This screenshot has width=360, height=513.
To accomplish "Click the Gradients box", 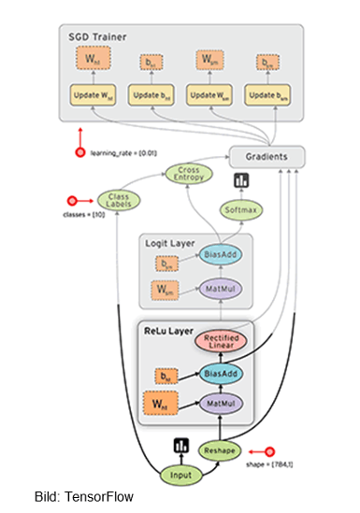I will pyautogui.click(x=266, y=157).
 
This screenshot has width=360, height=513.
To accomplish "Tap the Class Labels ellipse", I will pyautogui.click(x=118, y=199).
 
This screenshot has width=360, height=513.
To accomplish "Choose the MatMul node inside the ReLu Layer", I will pyautogui.click(x=220, y=405).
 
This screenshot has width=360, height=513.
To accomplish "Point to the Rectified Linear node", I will pyautogui.click(x=220, y=344).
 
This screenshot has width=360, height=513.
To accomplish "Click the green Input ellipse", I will pyautogui.click(x=182, y=476).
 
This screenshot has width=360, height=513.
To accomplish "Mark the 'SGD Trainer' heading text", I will pyautogui.click(x=97, y=36).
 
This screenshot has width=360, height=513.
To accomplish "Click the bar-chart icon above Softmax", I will pyautogui.click(x=241, y=180).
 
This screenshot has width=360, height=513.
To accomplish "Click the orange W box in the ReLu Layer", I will pyautogui.click(x=161, y=405).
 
